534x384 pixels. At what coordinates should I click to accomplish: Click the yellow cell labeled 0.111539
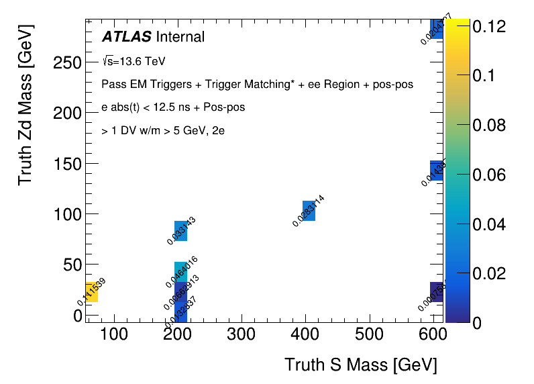click(91, 291)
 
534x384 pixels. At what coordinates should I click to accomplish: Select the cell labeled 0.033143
click(180, 230)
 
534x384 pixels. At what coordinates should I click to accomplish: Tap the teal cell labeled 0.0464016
click(180, 271)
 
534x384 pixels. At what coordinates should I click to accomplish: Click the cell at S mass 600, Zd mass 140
click(437, 171)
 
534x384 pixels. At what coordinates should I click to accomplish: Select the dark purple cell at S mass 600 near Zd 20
click(437, 291)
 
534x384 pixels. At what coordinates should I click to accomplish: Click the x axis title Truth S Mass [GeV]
click(360, 365)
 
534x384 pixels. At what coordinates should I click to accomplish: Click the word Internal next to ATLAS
click(180, 36)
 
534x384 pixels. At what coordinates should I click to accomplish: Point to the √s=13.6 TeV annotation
click(133, 61)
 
